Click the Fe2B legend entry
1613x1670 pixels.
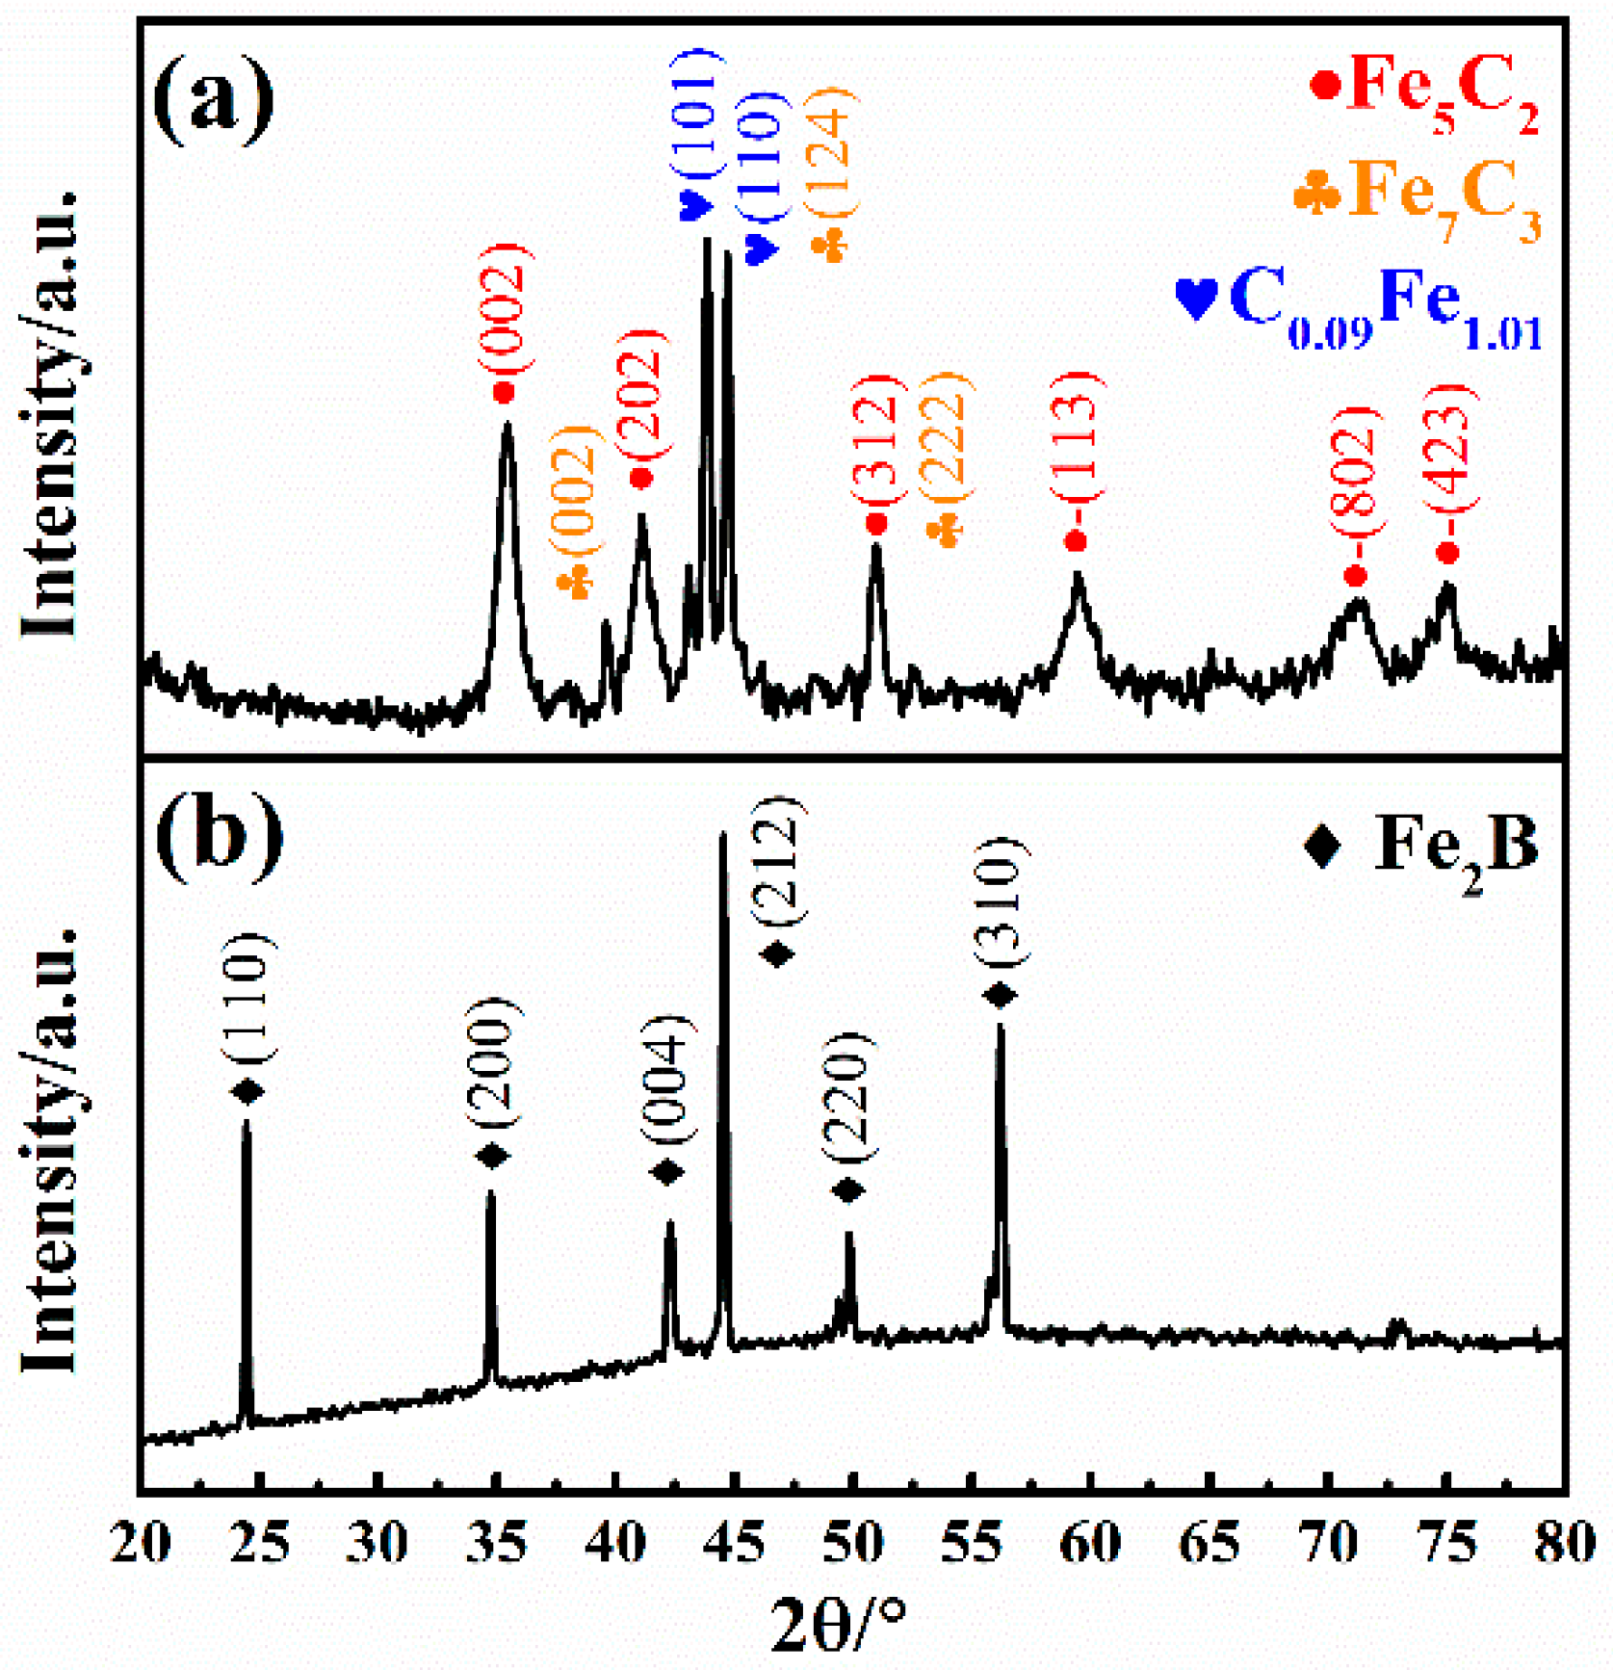click(1421, 846)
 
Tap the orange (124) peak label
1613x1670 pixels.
click(830, 154)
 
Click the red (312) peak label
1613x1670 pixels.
click(878, 438)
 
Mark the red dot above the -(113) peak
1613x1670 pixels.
click(1076, 541)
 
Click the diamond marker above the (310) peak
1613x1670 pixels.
click(1001, 994)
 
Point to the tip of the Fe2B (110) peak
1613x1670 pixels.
click(247, 1123)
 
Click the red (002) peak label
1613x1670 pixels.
click(505, 308)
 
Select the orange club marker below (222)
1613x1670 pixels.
click(946, 531)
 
